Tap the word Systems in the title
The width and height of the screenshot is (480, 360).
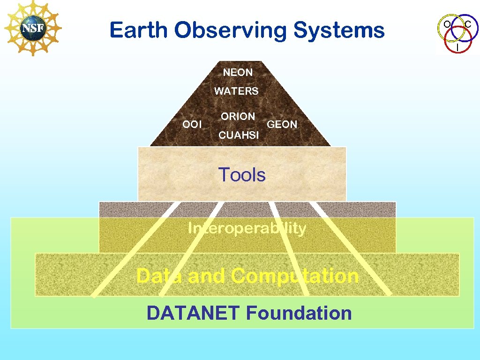(x=339, y=31)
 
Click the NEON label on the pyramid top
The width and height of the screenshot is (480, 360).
(x=238, y=73)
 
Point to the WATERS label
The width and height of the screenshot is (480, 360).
(x=236, y=91)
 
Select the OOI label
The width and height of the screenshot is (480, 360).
(x=192, y=125)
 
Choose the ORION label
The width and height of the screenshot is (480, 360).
(x=238, y=116)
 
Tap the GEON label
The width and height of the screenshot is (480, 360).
(x=282, y=125)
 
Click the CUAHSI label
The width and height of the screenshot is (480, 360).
(x=239, y=135)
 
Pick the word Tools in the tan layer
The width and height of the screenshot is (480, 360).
(x=242, y=175)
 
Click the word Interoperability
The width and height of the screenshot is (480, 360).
(x=247, y=229)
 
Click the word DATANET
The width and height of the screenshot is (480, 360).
(x=194, y=313)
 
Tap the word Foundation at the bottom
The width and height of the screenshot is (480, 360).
(x=299, y=313)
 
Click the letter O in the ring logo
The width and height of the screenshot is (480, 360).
(x=448, y=23)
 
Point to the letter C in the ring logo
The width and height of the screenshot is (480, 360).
(x=468, y=23)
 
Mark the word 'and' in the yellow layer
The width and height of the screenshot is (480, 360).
(x=202, y=276)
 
